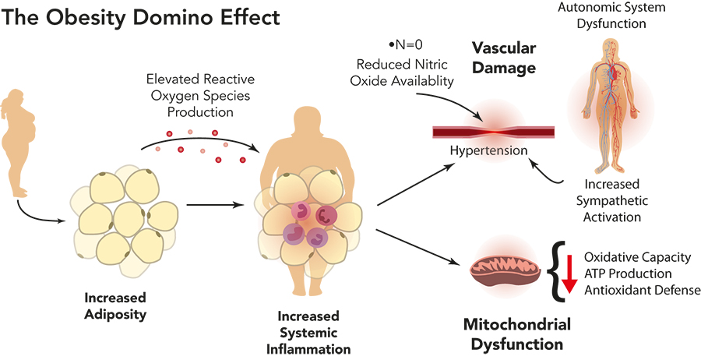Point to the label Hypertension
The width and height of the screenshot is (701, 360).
495,149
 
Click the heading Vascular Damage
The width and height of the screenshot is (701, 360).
504,58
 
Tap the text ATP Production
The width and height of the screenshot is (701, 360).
628,274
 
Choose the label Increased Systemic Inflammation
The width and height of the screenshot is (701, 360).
308,330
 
